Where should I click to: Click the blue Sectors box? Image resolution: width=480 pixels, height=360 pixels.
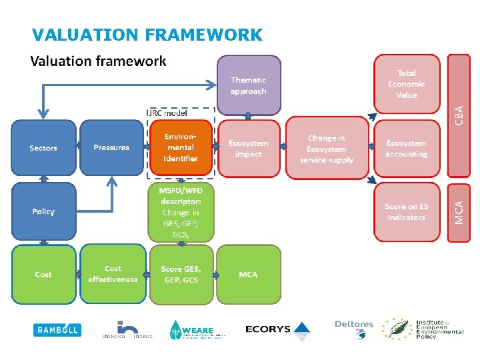point(43,148)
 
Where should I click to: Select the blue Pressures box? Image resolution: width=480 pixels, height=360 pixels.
point(111,148)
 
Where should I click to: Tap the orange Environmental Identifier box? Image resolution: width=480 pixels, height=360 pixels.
point(181,148)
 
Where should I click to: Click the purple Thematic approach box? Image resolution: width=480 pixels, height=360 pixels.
point(249,85)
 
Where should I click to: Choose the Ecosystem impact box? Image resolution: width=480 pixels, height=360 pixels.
point(249,148)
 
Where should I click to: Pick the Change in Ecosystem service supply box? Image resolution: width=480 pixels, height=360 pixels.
point(327,149)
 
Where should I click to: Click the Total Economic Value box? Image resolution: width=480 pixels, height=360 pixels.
point(407,85)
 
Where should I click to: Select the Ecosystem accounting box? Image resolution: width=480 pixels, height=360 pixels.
point(407,148)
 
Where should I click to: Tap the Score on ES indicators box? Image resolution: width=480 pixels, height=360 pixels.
point(407,212)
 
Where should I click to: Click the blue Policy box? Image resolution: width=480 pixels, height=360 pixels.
point(43,211)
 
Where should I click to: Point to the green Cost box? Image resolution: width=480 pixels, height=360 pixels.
point(43,275)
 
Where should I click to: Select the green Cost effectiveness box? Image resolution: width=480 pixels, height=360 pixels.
point(112,275)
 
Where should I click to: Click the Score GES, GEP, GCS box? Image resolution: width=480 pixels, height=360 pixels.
point(181,275)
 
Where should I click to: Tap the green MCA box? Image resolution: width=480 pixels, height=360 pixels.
point(249,275)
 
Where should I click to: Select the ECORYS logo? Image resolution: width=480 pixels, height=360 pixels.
point(277,329)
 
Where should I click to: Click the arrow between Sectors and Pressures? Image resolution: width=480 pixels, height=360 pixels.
point(77,148)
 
